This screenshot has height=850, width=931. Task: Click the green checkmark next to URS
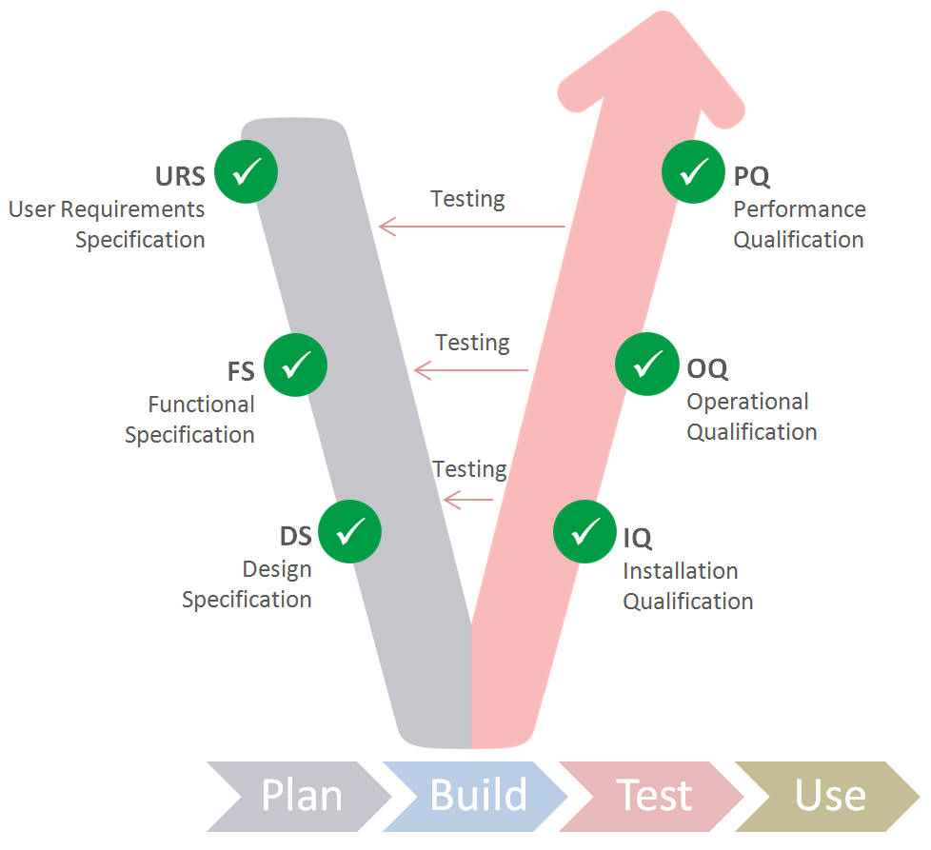pyautogui.click(x=246, y=172)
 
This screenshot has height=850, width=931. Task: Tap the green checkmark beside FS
pyautogui.click(x=295, y=364)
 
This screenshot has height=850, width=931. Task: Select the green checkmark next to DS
pyautogui.click(x=349, y=531)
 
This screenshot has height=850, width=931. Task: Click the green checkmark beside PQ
pyautogui.click(x=694, y=172)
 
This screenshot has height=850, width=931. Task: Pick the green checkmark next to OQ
pyautogui.click(x=647, y=364)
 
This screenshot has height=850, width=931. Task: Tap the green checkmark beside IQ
pyautogui.click(x=585, y=531)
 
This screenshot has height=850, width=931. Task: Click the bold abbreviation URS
pyautogui.click(x=180, y=177)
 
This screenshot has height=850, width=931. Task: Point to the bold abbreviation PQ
pyautogui.click(x=751, y=177)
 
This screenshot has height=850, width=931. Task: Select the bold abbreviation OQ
pyautogui.click(x=707, y=368)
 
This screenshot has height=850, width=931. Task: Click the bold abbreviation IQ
pyautogui.click(x=638, y=538)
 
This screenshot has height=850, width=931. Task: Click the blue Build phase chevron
pyautogui.click(x=476, y=796)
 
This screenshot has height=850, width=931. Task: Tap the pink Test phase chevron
pyautogui.click(x=653, y=796)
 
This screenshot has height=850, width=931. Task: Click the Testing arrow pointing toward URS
pyautogui.click(x=472, y=227)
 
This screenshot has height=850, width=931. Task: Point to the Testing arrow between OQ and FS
pyautogui.click(x=472, y=369)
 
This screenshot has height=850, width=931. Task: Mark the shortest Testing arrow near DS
pyautogui.click(x=468, y=499)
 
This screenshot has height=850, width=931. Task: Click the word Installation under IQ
pyautogui.click(x=681, y=571)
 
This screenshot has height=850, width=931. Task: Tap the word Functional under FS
pyautogui.click(x=201, y=405)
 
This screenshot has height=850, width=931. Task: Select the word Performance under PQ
pyautogui.click(x=800, y=209)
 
